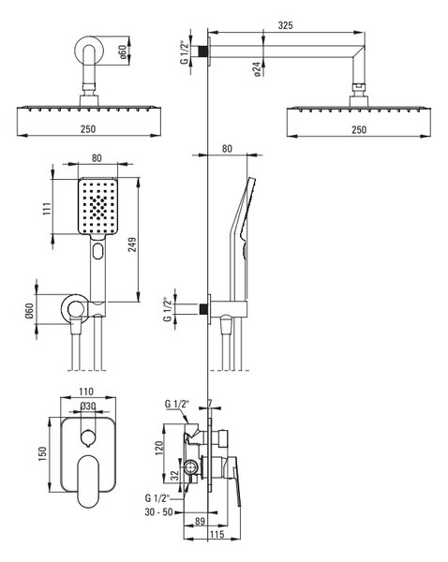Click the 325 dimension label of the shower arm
pos(286,25)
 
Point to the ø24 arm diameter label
pos(257,68)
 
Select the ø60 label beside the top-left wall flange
pos(123,52)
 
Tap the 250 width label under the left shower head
pos(88,128)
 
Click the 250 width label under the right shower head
pos(359,129)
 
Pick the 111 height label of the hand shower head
pos(47,209)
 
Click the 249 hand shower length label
pos(132,244)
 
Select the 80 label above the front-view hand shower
pos(97,158)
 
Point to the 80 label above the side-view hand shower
pos(227,148)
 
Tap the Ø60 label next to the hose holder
pos(29,311)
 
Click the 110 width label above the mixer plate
pos(86,392)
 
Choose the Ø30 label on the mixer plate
pos(88,407)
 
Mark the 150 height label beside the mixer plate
pos(43,453)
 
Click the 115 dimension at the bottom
pos(217,535)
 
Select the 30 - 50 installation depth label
pos(159,512)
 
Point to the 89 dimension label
pos(200,521)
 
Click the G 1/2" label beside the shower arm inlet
pos(185,52)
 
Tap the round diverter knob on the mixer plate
pos(88,438)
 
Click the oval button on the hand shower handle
pos(97,251)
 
